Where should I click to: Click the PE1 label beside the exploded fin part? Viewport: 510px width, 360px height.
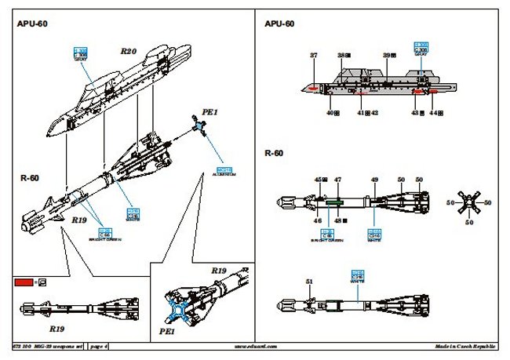(210, 112)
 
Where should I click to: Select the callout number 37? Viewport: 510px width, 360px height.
(314, 56)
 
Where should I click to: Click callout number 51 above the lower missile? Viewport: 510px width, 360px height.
(309, 281)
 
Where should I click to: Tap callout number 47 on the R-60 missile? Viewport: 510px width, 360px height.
(337, 180)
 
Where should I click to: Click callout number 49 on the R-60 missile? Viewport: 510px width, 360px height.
(374, 180)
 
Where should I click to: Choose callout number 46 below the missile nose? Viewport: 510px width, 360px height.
(319, 222)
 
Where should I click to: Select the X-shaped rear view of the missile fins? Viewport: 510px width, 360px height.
(470, 203)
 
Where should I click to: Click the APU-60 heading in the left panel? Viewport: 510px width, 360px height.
(32, 24)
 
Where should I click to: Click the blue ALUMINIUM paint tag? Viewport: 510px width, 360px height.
(224, 172)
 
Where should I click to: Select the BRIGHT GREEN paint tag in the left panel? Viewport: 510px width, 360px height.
(105, 233)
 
